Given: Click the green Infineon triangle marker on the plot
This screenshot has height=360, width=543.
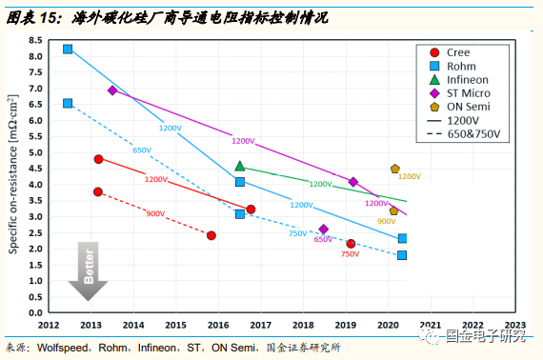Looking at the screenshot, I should tap(240, 166).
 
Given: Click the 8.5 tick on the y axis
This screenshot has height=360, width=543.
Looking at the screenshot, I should tap(34, 40).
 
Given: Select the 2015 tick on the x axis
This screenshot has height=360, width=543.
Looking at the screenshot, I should tap(176, 325).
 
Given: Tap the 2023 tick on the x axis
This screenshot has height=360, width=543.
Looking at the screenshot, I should tap(515, 325).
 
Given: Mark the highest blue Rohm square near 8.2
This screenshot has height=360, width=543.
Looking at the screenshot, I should tap(68, 50).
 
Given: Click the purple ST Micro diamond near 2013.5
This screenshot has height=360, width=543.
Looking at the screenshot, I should tap(112, 90).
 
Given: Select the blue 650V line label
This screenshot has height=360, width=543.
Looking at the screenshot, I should tap(142, 150).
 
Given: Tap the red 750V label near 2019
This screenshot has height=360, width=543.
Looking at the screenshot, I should tap(350, 254).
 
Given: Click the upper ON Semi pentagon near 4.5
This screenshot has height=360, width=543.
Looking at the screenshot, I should tap(394, 169).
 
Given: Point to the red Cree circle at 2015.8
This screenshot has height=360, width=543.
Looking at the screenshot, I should tap(211, 235).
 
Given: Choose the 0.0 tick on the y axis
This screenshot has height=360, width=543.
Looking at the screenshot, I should tap(34, 312).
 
